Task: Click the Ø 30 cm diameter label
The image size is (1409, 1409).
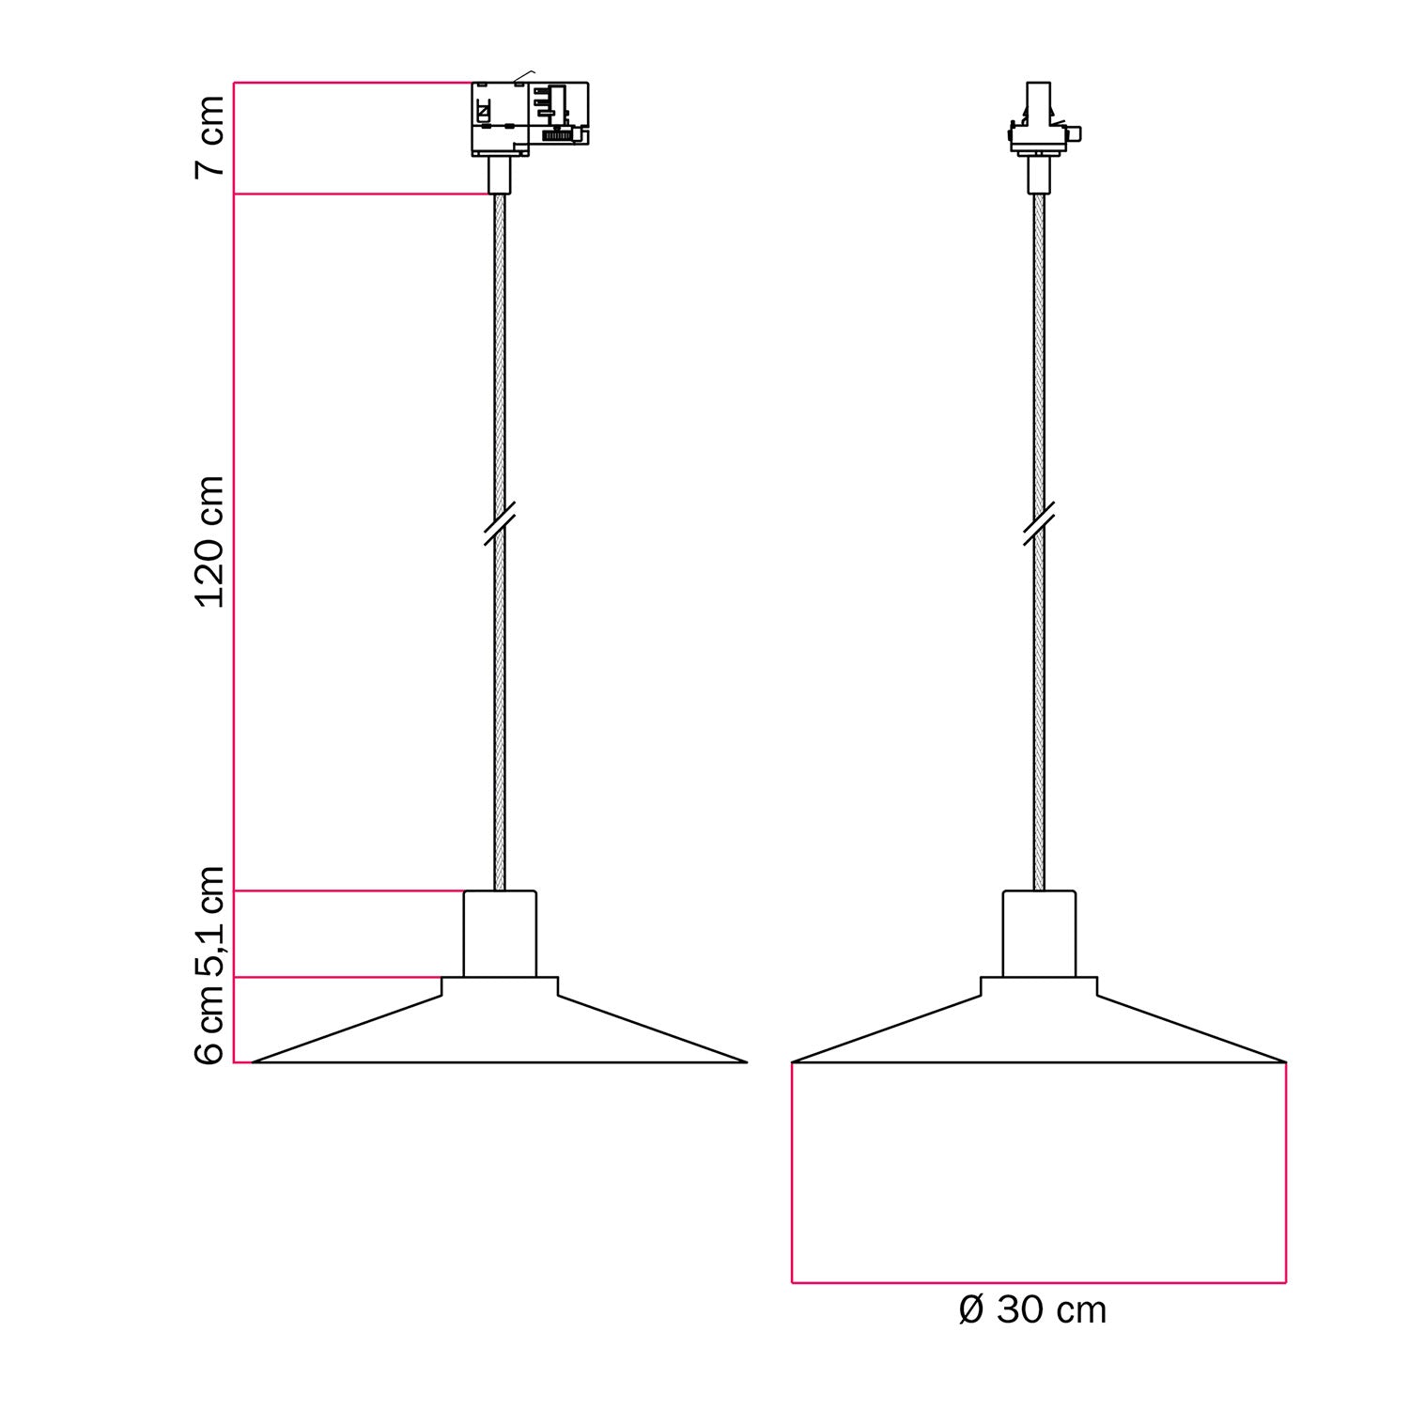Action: [x=1032, y=1310]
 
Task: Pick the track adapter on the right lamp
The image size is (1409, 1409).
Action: [x=1039, y=122]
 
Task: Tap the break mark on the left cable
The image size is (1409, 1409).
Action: [x=500, y=524]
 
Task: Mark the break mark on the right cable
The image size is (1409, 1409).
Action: [x=1039, y=524]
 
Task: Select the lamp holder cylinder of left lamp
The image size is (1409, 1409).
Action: [x=500, y=934]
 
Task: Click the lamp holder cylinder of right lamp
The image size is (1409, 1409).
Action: [x=1039, y=934]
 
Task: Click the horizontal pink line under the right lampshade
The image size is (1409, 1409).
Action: [x=1039, y=1282]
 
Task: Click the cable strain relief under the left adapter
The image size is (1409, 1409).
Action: [x=500, y=175]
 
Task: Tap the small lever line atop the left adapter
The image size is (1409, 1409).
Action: [x=523, y=75]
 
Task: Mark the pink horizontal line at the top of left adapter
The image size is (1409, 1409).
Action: [x=352, y=83]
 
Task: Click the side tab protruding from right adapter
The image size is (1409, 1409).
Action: [x=1076, y=133]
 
